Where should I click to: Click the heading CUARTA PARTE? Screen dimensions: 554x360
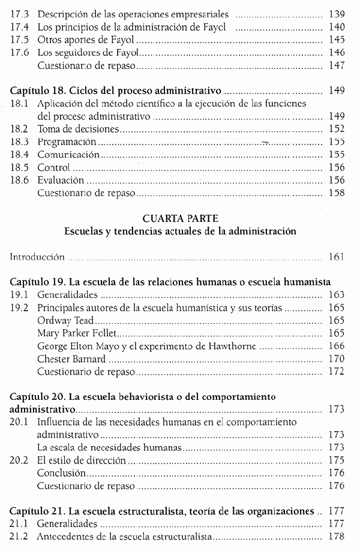pos(179,218)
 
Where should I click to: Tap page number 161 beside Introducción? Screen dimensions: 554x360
pos(337,257)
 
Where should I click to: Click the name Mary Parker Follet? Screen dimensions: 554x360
pos(77,333)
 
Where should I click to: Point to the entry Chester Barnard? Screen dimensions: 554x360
pos(71,359)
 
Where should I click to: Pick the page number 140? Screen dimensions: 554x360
pos(337,26)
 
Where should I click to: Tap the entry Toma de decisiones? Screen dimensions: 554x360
pos(77,129)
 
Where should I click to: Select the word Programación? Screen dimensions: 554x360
pos(67,141)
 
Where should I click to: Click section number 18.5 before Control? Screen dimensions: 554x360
pos(19,167)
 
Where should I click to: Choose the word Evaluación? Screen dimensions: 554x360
pos(60,180)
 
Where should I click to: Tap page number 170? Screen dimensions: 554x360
pos(337,359)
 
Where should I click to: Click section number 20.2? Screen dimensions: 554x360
pos(19,460)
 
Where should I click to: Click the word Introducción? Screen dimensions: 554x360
pos(38,257)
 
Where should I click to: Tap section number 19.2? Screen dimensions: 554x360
pos(19,308)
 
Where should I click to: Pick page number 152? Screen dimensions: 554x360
pos(337,129)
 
